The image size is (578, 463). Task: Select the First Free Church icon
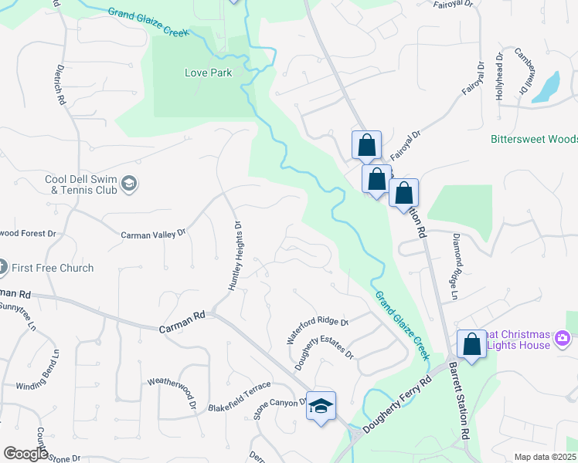tap(2, 268)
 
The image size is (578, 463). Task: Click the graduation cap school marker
tap(321, 405)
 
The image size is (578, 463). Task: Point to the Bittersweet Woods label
tap(534, 139)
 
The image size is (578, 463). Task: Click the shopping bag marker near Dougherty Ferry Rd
tap(471, 343)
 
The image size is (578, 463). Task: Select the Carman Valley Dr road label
tap(155, 231)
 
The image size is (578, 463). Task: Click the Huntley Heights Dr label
tap(235, 256)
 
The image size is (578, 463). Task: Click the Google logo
tap(25, 454)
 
